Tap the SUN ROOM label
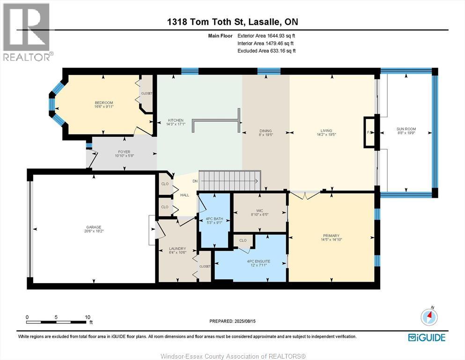click(406, 129)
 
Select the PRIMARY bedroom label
click(331, 236)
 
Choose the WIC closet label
click(259, 210)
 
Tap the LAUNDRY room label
click(177, 248)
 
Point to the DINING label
click(266, 131)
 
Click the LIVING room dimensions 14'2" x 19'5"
click(326, 135)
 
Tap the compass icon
click(428, 317)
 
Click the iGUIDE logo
click(427, 337)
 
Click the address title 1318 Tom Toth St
click(232, 22)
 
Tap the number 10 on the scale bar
click(88, 317)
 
